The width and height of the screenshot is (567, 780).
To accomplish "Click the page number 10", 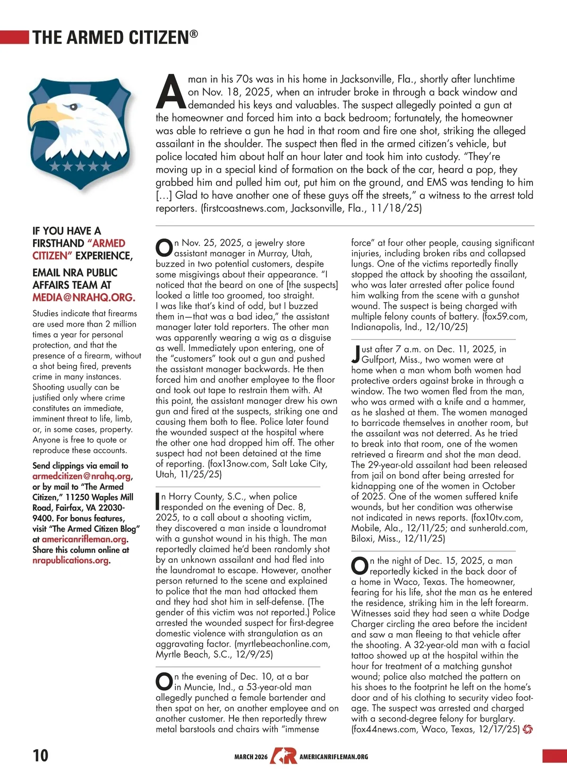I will (x=40, y=755).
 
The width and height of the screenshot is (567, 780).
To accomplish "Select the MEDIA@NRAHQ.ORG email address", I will (x=84, y=297).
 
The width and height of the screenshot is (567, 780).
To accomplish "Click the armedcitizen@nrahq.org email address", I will (x=82, y=476).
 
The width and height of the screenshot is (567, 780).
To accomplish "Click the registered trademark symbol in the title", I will (x=194, y=34).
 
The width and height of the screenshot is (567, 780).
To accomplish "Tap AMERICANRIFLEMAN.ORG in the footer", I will (x=334, y=757).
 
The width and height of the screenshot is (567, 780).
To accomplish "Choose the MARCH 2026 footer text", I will (x=251, y=757).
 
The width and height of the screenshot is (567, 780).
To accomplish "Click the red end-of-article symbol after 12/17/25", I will (x=528, y=729).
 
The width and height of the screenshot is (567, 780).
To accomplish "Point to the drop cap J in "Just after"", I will (x=356, y=354).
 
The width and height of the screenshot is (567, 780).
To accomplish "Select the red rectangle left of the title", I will (x=15, y=37).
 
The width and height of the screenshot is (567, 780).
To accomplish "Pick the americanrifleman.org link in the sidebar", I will (x=84, y=539).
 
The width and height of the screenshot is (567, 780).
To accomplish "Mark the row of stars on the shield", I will (x=80, y=166).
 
